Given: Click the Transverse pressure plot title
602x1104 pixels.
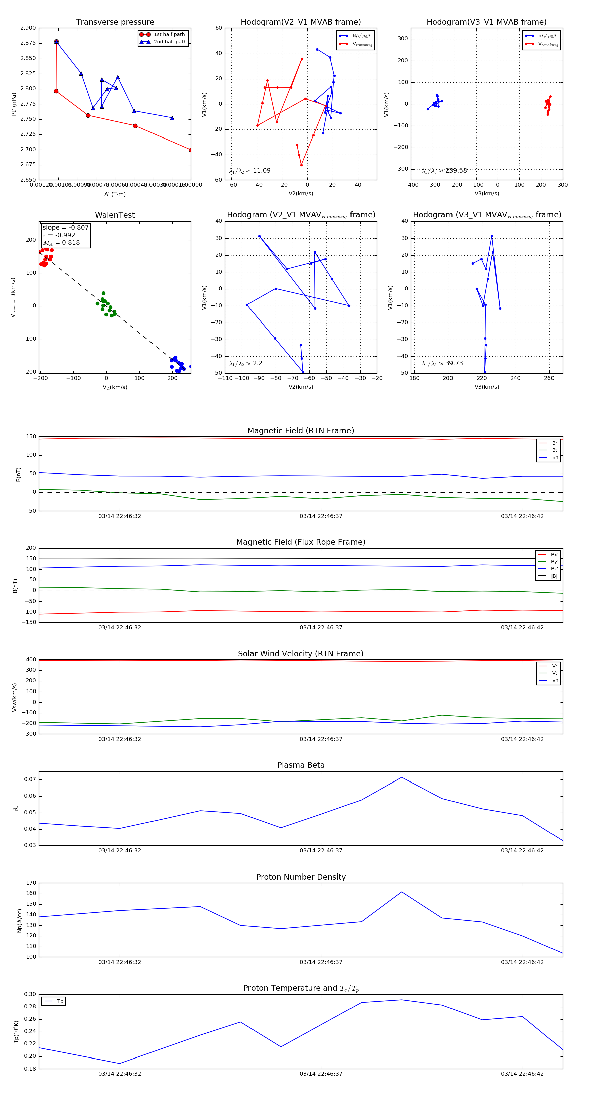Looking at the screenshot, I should pyautogui.click(x=115, y=22).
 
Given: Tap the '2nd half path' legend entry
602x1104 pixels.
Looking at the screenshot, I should pyautogui.click(x=170, y=42).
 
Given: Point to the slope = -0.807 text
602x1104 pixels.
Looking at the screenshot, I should pyautogui.click(x=66, y=227).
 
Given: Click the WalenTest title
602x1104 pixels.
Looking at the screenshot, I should pyautogui.click(x=115, y=215).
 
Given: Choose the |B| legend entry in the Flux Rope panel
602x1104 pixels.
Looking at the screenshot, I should pyautogui.click(x=554, y=576).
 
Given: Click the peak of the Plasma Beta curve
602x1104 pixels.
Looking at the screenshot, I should pyautogui.click(x=401, y=777).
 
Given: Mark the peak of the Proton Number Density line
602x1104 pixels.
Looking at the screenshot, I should pyautogui.click(x=401, y=892).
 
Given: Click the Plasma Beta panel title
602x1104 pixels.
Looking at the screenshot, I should pyautogui.click(x=301, y=765).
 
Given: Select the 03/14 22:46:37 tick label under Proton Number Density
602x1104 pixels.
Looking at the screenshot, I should pyautogui.click(x=321, y=962).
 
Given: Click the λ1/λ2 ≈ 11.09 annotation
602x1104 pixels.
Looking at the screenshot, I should pyautogui.click(x=250, y=171).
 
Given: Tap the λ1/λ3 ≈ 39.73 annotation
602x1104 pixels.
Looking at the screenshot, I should pyautogui.click(x=442, y=363).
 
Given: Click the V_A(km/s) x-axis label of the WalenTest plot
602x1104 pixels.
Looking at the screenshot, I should pyautogui.click(x=115, y=387).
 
